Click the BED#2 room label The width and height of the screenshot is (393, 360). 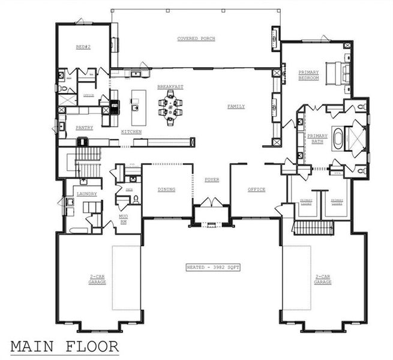[x=83, y=47]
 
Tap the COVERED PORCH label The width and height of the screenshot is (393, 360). [x=196, y=39]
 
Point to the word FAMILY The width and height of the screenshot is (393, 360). [x=236, y=107]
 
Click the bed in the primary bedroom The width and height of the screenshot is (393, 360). [x=338, y=73]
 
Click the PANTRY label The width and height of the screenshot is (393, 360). [x=84, y=128]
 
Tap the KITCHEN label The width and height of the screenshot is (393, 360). [x=131, y=131]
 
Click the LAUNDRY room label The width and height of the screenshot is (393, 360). [x=87, y=194]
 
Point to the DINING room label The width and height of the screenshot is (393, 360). [x=166, y=190]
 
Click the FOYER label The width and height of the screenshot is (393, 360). [x=211, y=179]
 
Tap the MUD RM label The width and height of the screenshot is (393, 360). [x=124, y=220]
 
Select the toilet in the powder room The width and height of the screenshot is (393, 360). [x=136, y=199]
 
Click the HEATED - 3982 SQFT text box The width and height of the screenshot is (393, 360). [x=212, y=266]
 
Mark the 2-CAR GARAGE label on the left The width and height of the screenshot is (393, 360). [x=98, y=280]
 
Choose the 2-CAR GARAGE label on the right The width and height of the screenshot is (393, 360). [x=322, y=280]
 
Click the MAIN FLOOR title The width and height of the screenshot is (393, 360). [x=65, y=346]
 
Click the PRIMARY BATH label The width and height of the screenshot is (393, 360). [x=317, y=139]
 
